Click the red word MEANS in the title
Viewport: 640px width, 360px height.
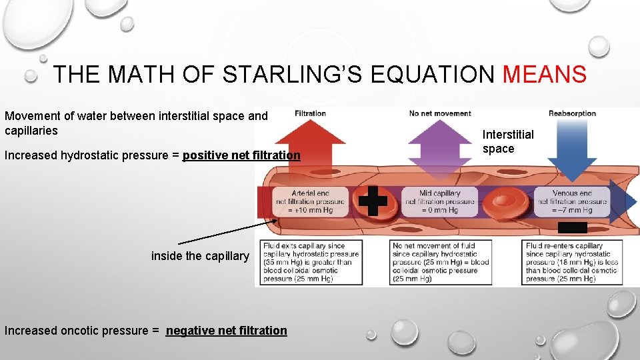pos(545,74)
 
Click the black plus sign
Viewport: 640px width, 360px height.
pos(373,201)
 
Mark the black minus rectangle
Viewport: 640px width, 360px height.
pos(572,227)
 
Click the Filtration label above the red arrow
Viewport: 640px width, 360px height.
pos(310,113)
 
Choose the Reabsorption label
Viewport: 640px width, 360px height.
pos(572,113)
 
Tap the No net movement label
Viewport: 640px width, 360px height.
pos(440,113)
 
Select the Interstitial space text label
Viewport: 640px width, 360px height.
pos(508,141)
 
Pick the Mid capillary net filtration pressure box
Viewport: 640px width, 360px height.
pos(439,201)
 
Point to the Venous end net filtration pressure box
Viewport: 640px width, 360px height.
pos(572,201)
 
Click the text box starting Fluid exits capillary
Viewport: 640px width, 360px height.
pos(312,262)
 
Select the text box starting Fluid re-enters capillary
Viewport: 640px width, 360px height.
pos(572,262)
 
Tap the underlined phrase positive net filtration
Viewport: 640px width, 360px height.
pos(241,155)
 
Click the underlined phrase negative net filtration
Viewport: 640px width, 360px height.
pos(227,330)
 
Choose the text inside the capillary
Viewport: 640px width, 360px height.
pos(200,256)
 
